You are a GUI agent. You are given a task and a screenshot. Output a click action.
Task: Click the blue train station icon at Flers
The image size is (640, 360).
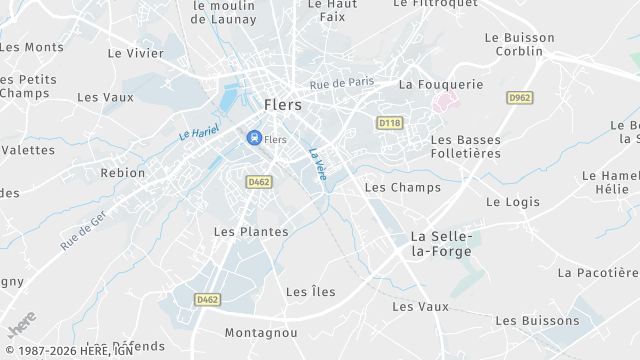[x=254, y=138]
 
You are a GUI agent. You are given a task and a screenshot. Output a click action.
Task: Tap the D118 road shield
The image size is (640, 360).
[x=389, y=122]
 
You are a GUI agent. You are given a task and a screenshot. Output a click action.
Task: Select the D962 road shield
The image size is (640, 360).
[x=519, y=97]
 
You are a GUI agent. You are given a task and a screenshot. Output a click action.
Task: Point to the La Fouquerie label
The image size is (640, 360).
[x=440, y=85]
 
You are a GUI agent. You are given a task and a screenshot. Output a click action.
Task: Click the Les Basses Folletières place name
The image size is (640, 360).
[x=465, y=146]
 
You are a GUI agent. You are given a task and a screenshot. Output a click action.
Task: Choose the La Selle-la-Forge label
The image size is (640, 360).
[x=441, y=244]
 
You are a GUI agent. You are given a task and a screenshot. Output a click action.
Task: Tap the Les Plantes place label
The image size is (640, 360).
[x=251, y=231]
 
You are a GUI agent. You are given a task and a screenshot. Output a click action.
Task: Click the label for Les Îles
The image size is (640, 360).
[x=310, y=292]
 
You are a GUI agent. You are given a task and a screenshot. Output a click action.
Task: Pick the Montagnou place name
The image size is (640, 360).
[x=261, y=332]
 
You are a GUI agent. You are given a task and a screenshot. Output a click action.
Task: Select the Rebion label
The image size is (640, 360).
[x=123, y=173]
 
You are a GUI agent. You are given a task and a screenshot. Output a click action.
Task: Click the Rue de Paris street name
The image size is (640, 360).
[x=341, y=83]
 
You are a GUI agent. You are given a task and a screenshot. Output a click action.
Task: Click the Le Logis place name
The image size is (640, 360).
[x=512, y=201]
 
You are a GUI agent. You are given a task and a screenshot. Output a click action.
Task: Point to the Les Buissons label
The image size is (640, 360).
[x=537, y=320]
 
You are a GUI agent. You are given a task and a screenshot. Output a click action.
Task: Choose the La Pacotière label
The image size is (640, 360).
[x=597, y=272]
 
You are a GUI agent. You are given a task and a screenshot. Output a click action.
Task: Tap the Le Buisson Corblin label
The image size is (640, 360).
[x=519, y=44]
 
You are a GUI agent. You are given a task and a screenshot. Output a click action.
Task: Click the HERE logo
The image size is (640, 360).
[x=20, y=326]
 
